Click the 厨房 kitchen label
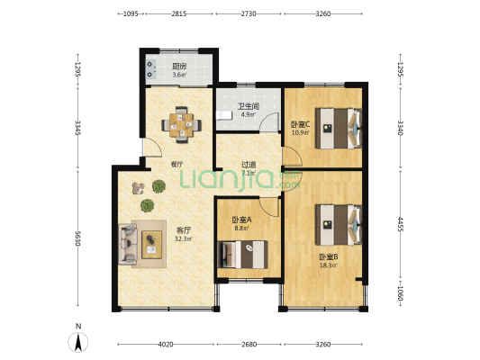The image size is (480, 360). click(180, 66)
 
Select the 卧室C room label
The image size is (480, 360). click(300, 124)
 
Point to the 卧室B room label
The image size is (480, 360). click(327, 256)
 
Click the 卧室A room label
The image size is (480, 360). click(240, 220)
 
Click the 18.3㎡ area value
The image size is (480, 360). click(327, 265)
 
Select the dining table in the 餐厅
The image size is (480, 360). click(182, 126)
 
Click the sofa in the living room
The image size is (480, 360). click(127, 241)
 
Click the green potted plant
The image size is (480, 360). click(158, 186)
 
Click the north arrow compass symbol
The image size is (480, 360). click(78, 341)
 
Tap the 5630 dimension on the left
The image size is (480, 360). click(78, 238)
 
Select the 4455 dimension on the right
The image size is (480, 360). click(400, 225)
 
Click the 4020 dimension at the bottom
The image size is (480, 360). click(164, 344)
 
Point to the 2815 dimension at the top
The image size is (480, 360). click(179, 13)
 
